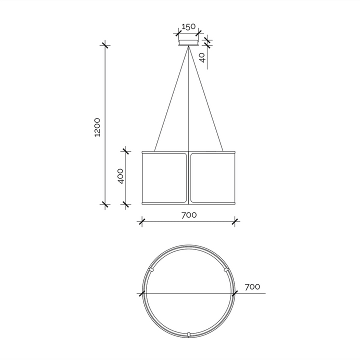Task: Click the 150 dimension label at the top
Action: [188, 26]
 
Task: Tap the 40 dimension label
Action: [202, 57]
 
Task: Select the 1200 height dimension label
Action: [97, 127]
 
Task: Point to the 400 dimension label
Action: [120, 176]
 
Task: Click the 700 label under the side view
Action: [189, 215]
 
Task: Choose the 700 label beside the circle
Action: [252, 287]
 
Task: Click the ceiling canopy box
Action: [188, 42]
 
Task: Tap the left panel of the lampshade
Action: [164, 178]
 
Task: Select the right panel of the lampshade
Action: [212, 178]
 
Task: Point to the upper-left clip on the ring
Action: [151, 269]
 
